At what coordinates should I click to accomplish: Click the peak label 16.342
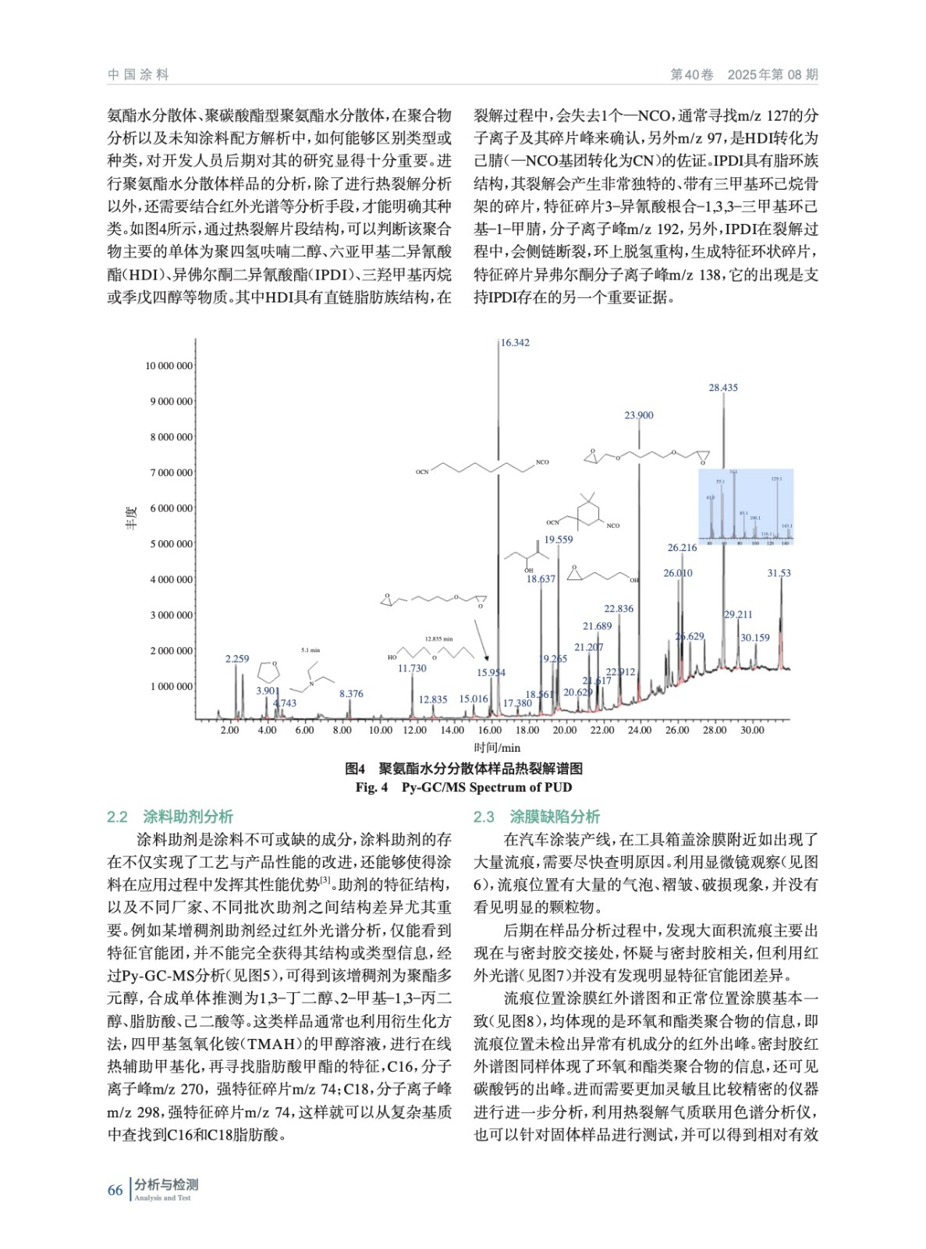click(x=515, y=343)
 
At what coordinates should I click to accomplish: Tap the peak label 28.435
click(x=723, y=388)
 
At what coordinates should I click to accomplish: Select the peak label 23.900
click(x=639, y=415)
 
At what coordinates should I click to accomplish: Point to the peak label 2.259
click(x=237, y=659)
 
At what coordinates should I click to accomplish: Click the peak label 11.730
click(x=412, y=668)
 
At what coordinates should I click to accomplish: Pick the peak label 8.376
click(x=351, y=693)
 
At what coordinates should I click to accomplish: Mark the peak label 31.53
click(x=779, y=573)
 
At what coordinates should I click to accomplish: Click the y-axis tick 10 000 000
click(x=169, y=366)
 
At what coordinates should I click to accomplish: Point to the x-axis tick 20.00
click(x=564, y=730)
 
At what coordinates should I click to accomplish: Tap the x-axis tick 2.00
click(x=229, y=730)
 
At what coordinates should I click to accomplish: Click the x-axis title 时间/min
click(x=497, y=747)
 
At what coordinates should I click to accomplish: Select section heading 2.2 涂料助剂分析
click(x=170, y=817)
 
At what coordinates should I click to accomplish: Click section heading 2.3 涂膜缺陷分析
click(x=537, y=817)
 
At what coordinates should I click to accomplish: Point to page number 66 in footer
click(x=115, y=1190)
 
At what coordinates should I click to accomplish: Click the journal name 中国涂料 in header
click(x=138, y=75)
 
